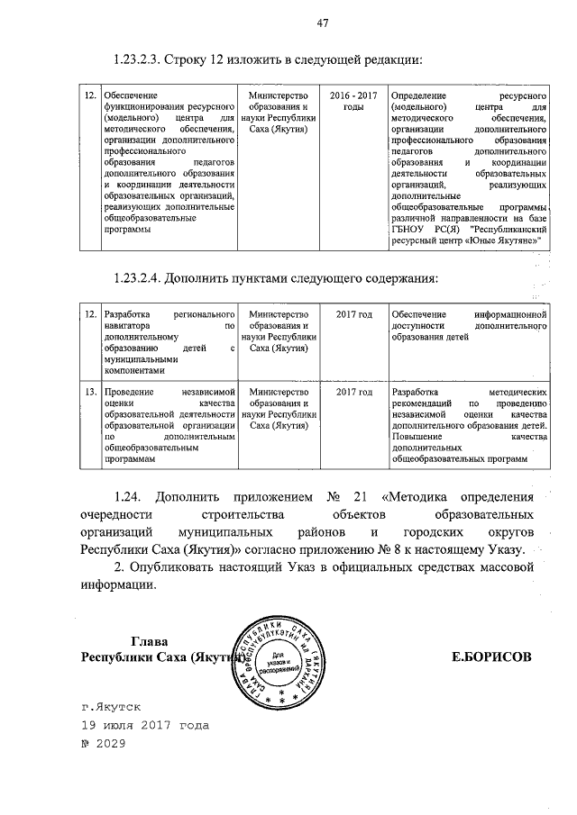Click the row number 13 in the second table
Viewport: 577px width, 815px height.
point(89,393)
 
